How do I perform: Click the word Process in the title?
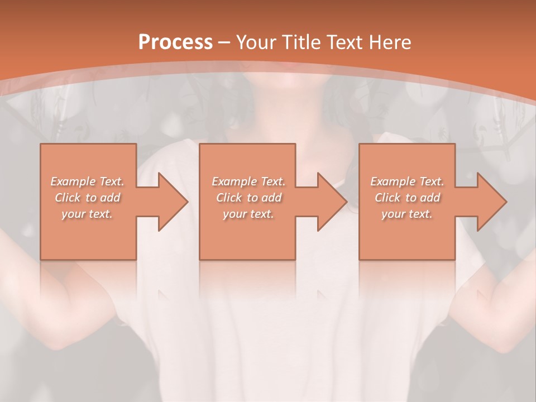(x=175, y=42)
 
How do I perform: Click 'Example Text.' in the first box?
(x=88, y=181)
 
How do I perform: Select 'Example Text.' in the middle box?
(x=248, y=181)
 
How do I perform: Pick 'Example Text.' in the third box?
(x=407, y=181)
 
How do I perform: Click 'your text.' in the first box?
(x=87, y=214)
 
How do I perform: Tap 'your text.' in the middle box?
(x=248, y=214)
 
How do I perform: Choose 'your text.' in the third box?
(x=407, y=214)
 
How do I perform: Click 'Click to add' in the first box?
(x=88, y=198)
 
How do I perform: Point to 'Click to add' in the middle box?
(x=248, y=198)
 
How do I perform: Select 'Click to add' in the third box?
(x=407, y=198)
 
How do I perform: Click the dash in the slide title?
(x=224, y=42)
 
